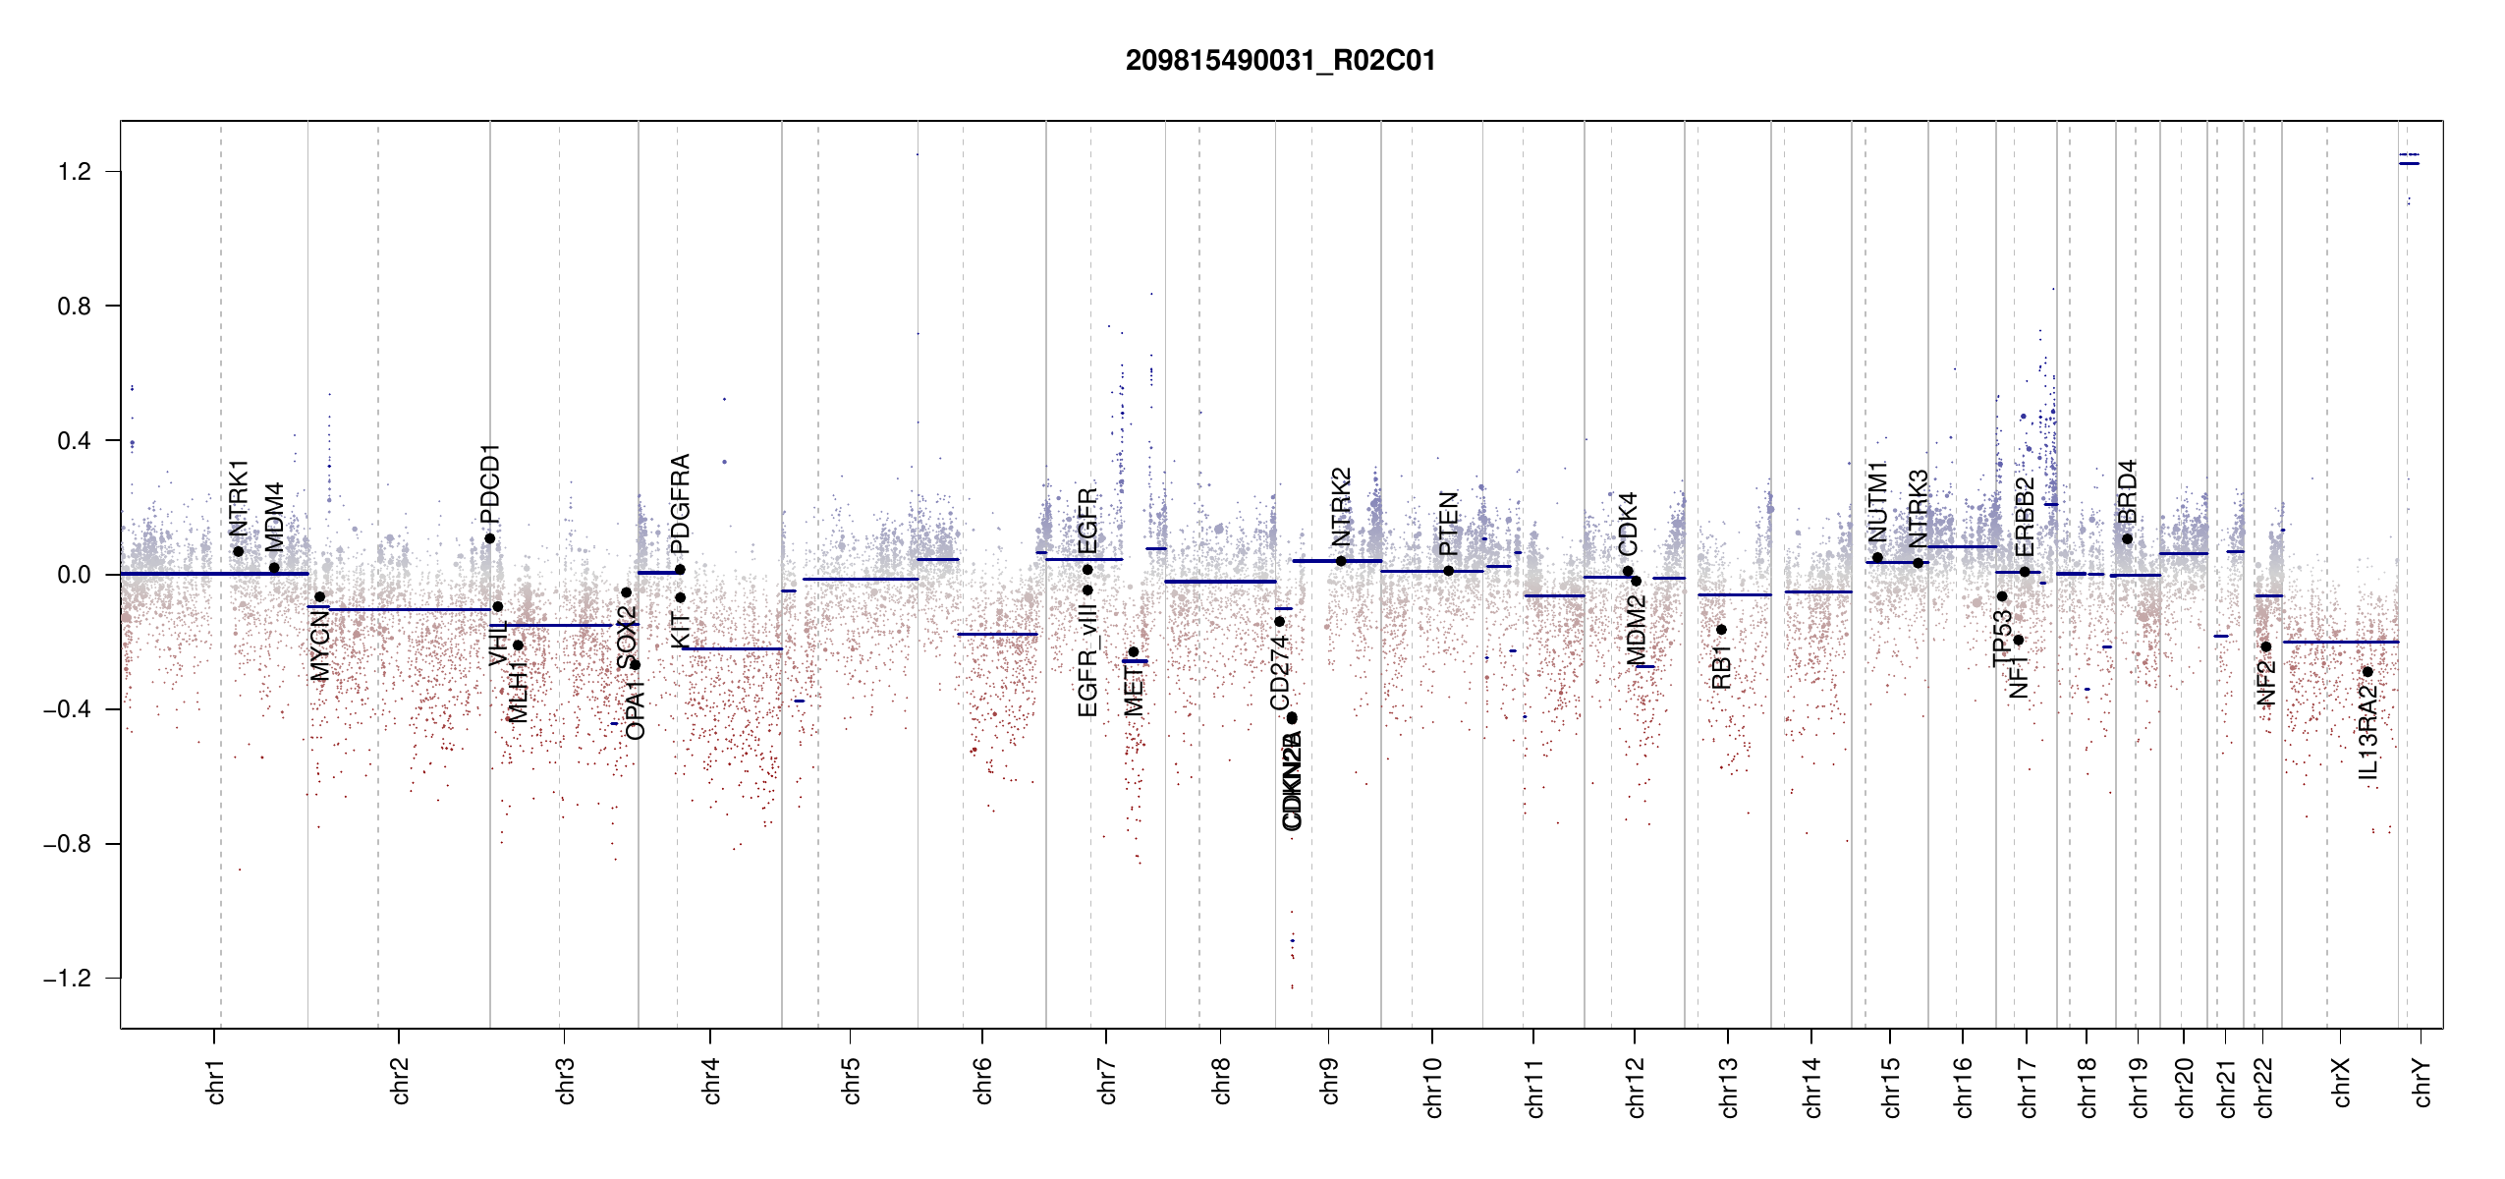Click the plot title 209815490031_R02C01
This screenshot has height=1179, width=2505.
click(1280, 61)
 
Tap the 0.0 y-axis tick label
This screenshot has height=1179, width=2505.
click(74, 575)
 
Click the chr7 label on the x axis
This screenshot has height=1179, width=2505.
click(1107, 1081)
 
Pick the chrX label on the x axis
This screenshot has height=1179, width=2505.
click(2341, 1082)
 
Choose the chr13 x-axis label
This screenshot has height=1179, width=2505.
click(1728, 1087)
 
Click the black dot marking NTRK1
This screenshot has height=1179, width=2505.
click(239, 551)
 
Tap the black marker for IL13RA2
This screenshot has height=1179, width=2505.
click(2367, 672)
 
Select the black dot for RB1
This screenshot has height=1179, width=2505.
click(1721, 630)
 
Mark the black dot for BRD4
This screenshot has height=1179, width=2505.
click(2127, 538)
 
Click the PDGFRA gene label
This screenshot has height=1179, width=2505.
click(680, 503)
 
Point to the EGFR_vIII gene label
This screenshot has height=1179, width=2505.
click(1086, 660)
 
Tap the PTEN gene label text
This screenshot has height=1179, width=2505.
click(1448, 524)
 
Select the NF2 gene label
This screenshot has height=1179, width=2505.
click(2265, 683)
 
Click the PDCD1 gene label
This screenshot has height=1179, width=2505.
click(490, 483)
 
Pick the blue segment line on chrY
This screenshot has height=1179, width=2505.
click(2409, 163)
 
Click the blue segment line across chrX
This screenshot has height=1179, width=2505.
click(2340, 642)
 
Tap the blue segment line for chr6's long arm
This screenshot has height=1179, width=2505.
click(998, 634)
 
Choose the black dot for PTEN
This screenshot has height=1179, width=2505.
click(1448, 571)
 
